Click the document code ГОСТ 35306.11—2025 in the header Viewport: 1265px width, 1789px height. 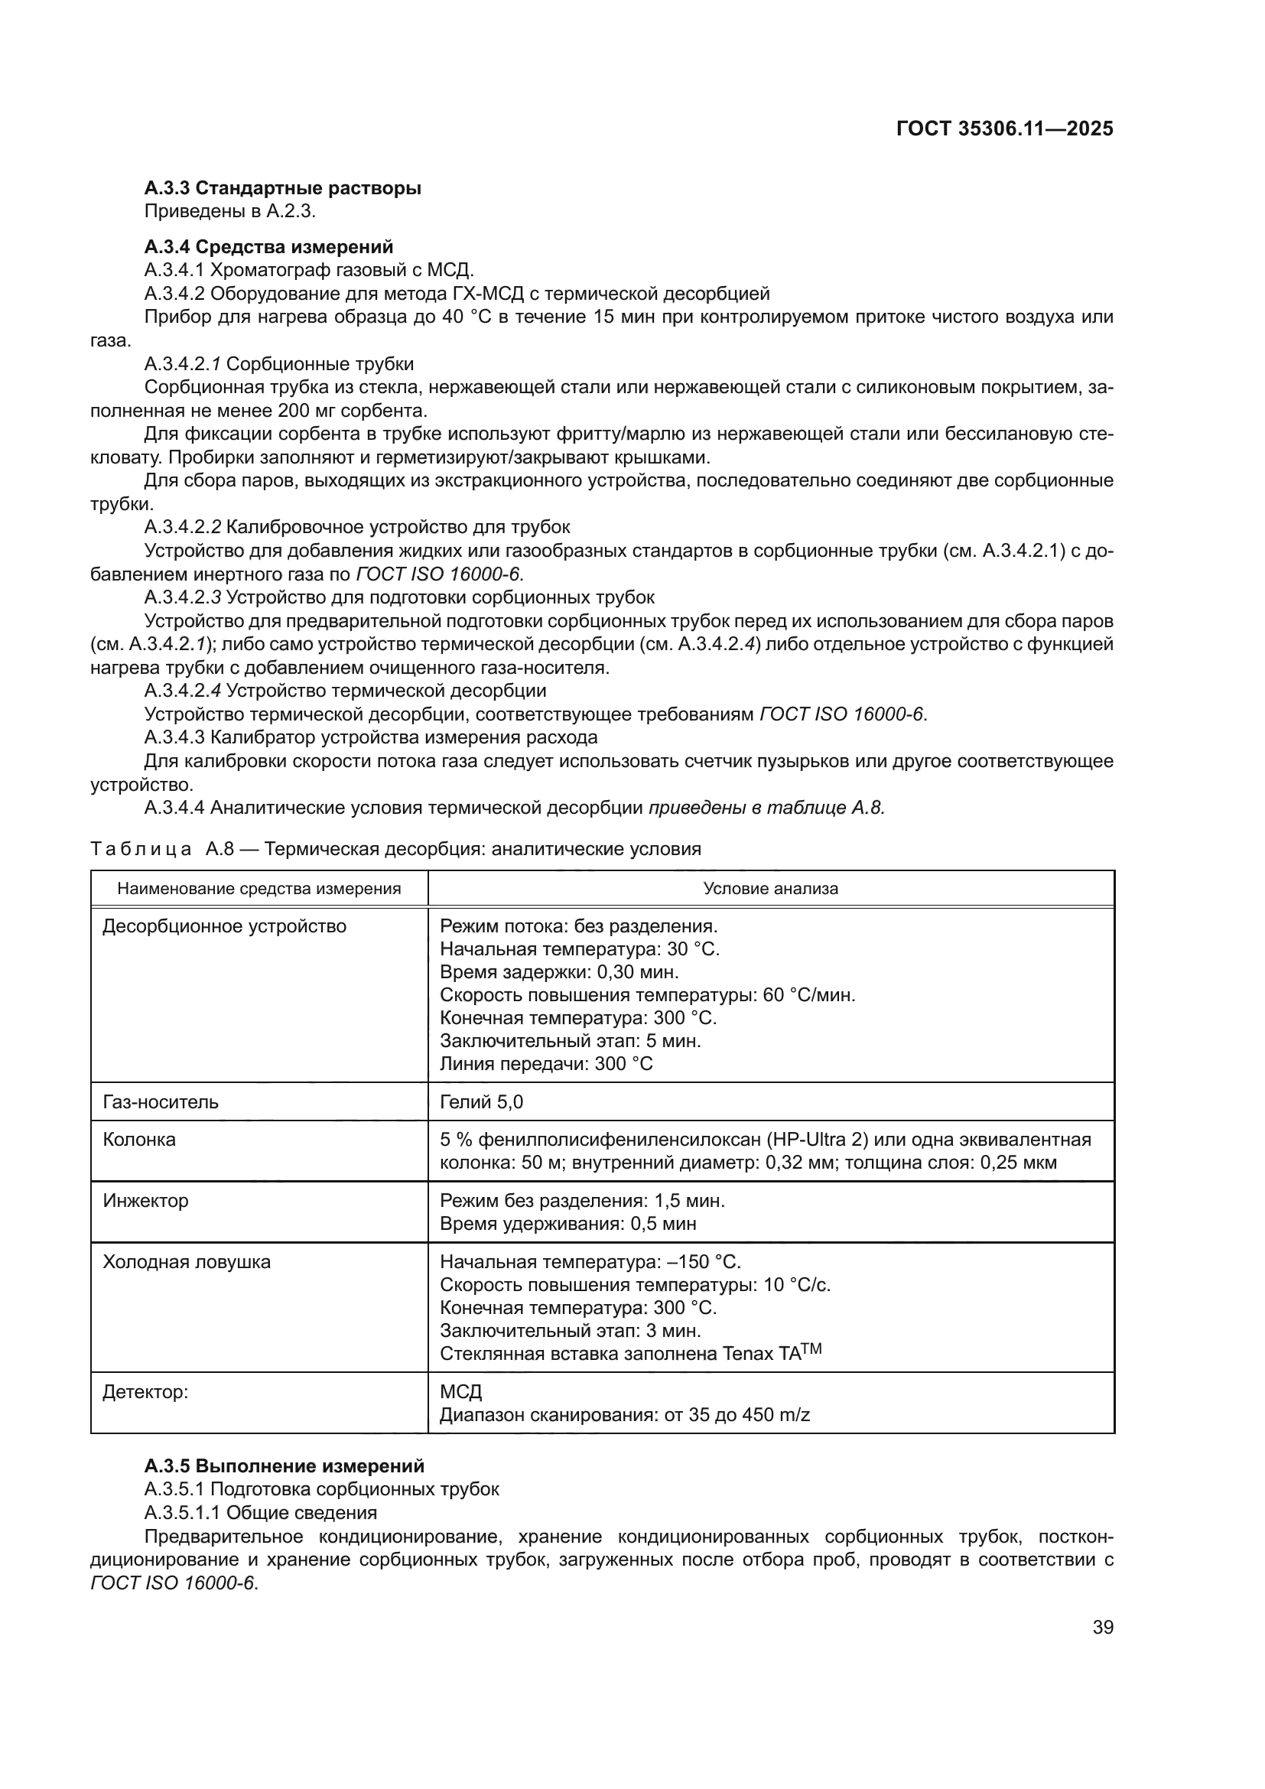pos(1004,129)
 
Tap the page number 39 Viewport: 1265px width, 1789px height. pos(1102,1628)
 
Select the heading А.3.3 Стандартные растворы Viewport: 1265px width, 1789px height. pos(282,188)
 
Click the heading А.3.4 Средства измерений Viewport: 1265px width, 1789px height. pos(268,247)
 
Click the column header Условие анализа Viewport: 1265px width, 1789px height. pos(770,888)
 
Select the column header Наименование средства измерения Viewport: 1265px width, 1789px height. pos(259,888)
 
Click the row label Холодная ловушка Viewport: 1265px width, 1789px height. pos(186,1261)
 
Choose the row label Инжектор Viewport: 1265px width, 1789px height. pos(145,1200)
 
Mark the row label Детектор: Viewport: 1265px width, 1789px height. pos(145,1391)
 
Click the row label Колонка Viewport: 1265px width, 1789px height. pos(139,1139)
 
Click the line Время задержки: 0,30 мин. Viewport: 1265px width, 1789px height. pos(558,971)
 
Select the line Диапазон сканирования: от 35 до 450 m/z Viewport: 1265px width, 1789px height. pos(625,1414)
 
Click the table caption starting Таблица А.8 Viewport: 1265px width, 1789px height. pos(395,848)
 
